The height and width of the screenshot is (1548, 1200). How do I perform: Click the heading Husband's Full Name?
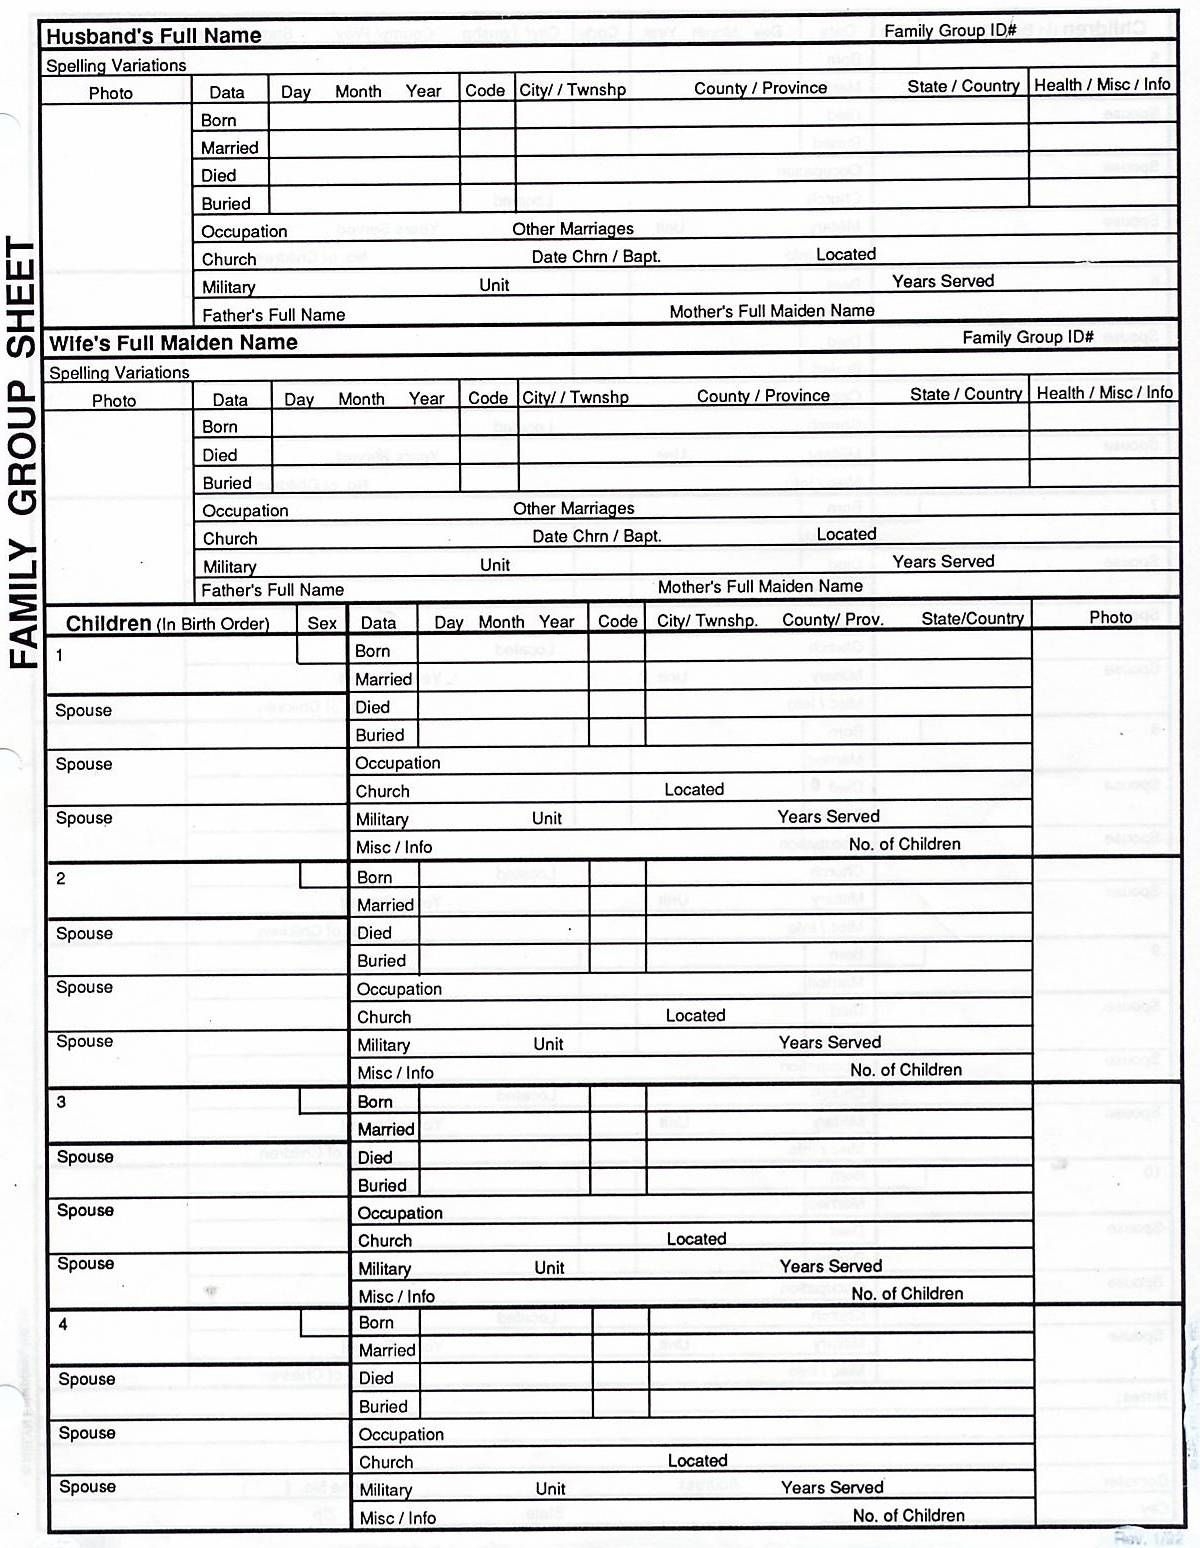(153, 36)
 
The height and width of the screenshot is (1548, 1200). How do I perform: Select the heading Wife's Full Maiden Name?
(173, 343)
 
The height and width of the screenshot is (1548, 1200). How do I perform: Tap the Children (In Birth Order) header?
(167, 624)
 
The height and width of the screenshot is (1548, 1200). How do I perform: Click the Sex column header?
(322, 623)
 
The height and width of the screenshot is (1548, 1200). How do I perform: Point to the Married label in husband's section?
(229, 148)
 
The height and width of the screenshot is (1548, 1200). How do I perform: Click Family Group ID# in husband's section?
(949, 31)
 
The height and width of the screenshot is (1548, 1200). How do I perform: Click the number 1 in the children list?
(60, 656)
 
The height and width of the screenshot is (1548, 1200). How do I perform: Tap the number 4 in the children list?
(63, 1325)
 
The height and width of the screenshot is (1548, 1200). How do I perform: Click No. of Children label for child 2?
(905, 1070)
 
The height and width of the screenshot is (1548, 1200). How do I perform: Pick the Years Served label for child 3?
(830, 1266)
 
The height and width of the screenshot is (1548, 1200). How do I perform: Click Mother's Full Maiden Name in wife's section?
(759, 587)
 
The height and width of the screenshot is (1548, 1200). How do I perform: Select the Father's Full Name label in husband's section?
(273, 315)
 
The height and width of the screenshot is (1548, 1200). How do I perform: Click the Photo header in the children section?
(1110, 618)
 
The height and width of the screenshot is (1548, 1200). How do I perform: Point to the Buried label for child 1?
(380, 735)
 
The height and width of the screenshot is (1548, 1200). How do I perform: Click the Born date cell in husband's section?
(363, 119)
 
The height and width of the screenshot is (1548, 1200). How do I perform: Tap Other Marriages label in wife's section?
(573, 509)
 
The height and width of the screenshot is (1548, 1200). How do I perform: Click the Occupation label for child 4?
(401, 1434)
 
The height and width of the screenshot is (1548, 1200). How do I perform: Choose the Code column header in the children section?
(617, 621)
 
